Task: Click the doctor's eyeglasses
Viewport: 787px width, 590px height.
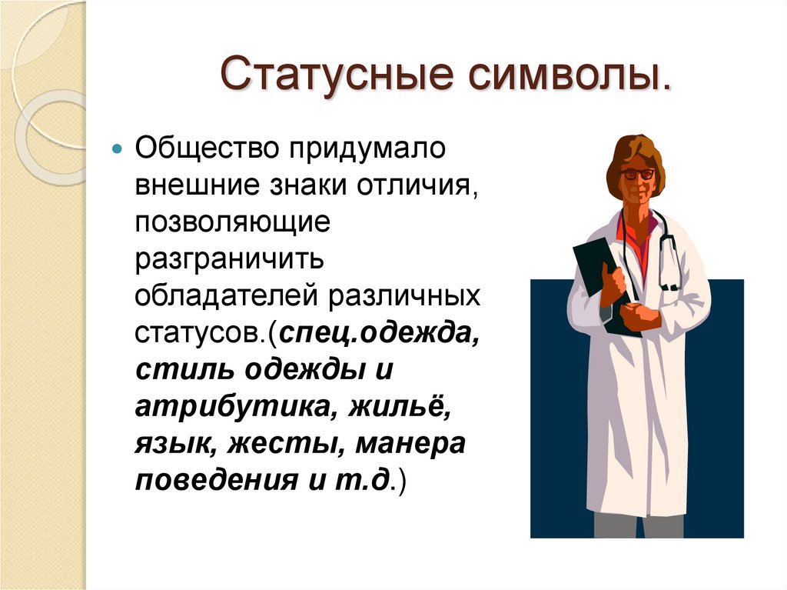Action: point(637,174)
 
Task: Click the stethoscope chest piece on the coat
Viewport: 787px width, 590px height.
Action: point(670,286)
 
